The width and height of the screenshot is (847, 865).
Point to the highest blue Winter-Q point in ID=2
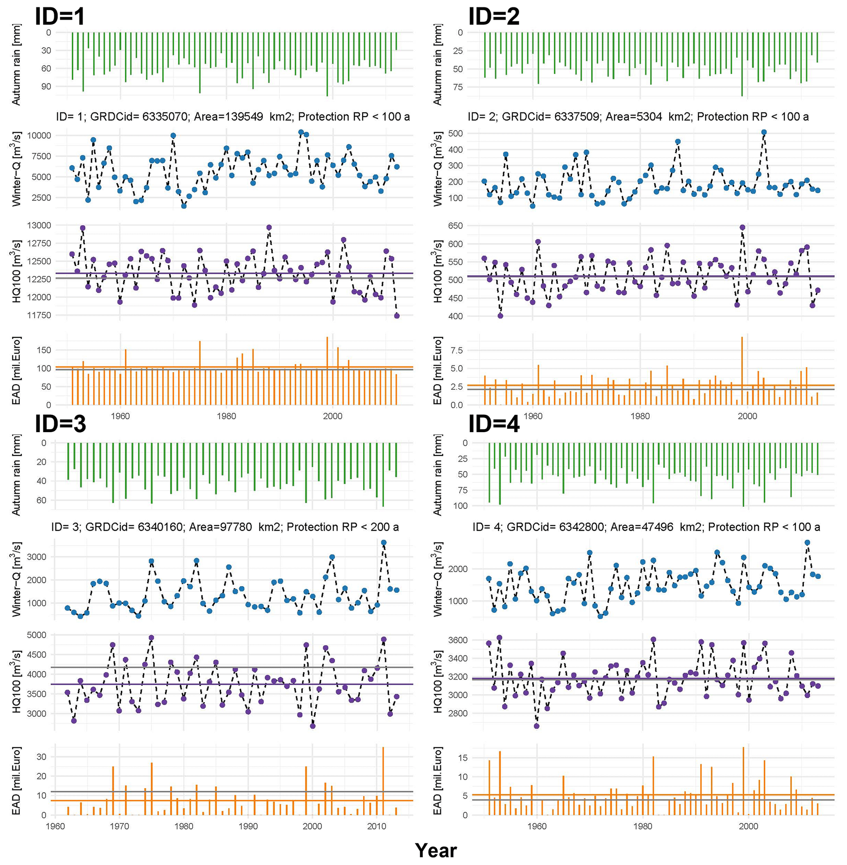(x=764, y=132)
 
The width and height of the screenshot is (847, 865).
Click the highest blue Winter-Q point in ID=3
(x=384, y=543)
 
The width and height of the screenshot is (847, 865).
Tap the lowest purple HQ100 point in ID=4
(x=536, y=726)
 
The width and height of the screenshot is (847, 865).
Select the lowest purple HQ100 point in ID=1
(x=397, y=316)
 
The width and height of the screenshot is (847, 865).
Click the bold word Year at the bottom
(x=436, y=851)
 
